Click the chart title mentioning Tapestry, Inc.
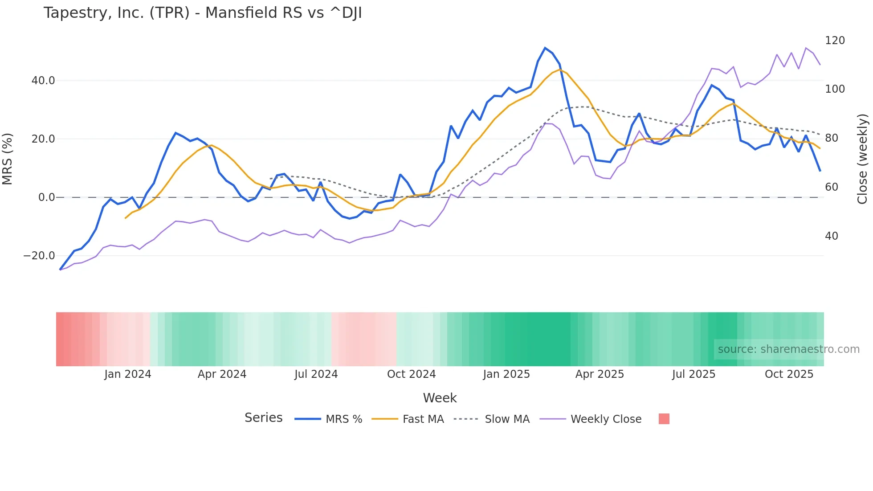tap(203, 13)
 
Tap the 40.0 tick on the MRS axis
tap(43, 81)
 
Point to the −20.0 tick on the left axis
tap(39, 256)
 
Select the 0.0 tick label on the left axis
tap(46, 197)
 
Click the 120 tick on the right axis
tap(835, 41)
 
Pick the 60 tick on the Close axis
tap(832, 187)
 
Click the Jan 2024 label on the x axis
tap(128, 374)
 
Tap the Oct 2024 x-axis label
tap(411, 374)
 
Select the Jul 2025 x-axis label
tap(694, 374)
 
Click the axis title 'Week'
tap(440, 398)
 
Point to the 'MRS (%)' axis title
tap(8, 159)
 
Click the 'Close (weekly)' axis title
tap(862, 159)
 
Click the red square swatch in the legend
tap(664, 419)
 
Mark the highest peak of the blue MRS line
tap(545, 48)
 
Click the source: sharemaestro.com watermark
tap(788, 349)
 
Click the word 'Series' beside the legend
tap(263, 418)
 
